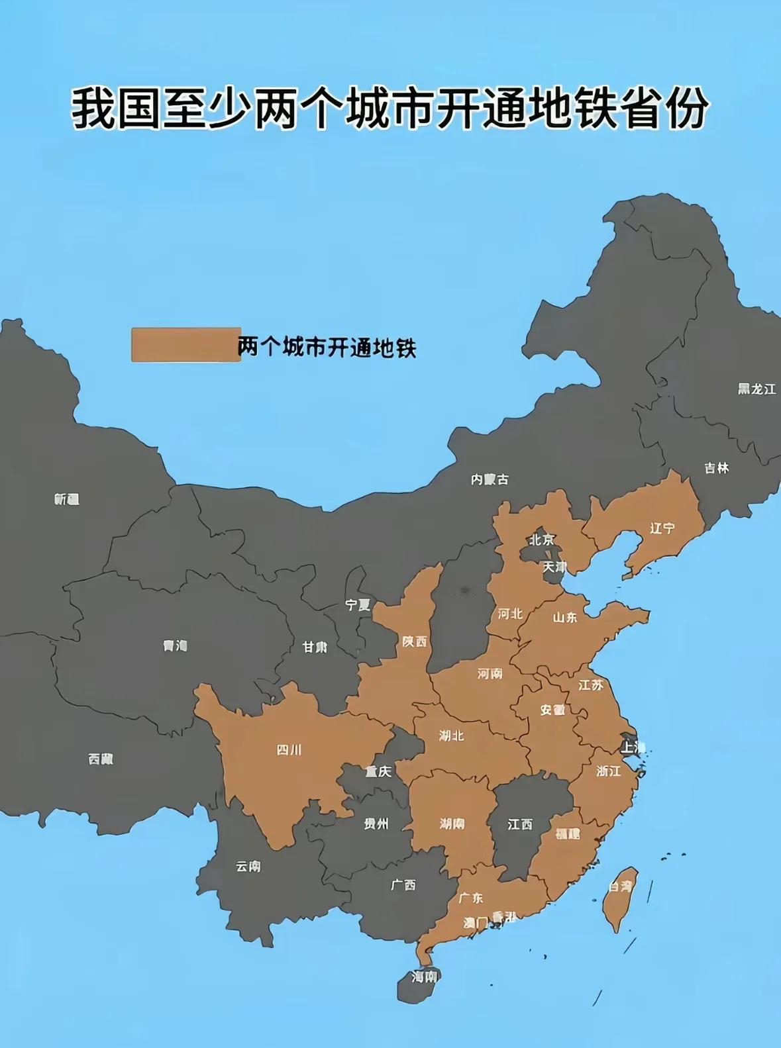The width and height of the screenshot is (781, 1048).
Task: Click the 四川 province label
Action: (289, 750)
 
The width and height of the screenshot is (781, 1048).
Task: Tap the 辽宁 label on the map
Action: (662, 528)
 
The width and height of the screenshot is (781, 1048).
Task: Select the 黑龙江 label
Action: (756, 389)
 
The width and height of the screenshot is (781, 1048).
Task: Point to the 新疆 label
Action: (67, 499)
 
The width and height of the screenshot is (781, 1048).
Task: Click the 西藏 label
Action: (101, 759)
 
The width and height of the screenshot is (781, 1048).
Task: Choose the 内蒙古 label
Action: (490, 479)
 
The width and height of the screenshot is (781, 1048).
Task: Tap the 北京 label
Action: (541, 540)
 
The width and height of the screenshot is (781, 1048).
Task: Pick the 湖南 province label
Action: (452, 824)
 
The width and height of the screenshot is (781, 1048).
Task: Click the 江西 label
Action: (520, 824)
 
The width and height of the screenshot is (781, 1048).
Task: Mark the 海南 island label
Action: (424, 977)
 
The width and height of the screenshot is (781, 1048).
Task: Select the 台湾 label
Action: (621, 886)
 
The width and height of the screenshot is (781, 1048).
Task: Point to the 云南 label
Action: (248, 866)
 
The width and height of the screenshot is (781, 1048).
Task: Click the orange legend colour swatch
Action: (185, 345)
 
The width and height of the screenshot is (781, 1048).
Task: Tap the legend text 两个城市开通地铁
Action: (327, 347)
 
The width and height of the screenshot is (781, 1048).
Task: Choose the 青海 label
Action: (176, 645)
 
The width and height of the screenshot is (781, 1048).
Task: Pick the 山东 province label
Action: (565, 618)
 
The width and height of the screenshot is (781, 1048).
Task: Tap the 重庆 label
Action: (378, 771)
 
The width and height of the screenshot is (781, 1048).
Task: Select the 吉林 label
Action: (716, 468)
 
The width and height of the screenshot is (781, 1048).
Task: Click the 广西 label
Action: (403, 884)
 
